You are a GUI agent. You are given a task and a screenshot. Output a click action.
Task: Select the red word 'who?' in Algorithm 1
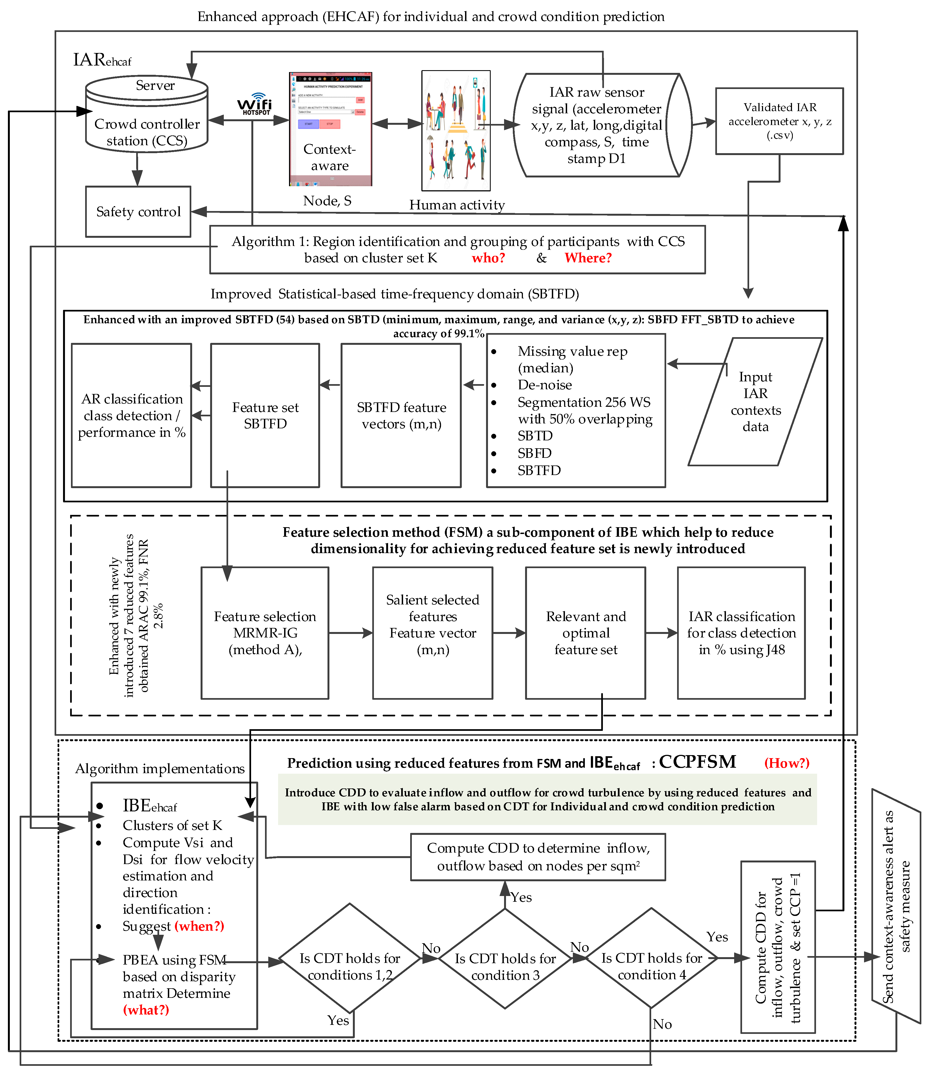click(x=488, y=258)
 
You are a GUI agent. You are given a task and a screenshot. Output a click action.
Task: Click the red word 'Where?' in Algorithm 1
click(x=588, y=258)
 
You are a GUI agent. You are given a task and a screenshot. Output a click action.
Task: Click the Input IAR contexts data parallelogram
click(x=755, y=402)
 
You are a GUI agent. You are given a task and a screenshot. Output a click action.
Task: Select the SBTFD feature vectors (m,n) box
click(x=401, y=415)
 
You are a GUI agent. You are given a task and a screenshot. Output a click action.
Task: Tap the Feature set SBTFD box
click(x=265, y=415)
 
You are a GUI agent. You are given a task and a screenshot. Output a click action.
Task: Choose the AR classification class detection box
click(x=132, y=415)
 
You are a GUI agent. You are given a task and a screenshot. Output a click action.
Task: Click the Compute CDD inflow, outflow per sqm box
click(x=538, y=857)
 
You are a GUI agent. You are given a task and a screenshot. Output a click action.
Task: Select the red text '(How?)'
click(x=786, y=763)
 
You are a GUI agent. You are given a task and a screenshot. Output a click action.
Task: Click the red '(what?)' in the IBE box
click(x=146, y=1010)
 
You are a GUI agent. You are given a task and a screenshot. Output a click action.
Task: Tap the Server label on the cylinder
click(x=155, y=85)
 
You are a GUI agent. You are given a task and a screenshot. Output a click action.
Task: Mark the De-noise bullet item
click(x=544, y=385)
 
